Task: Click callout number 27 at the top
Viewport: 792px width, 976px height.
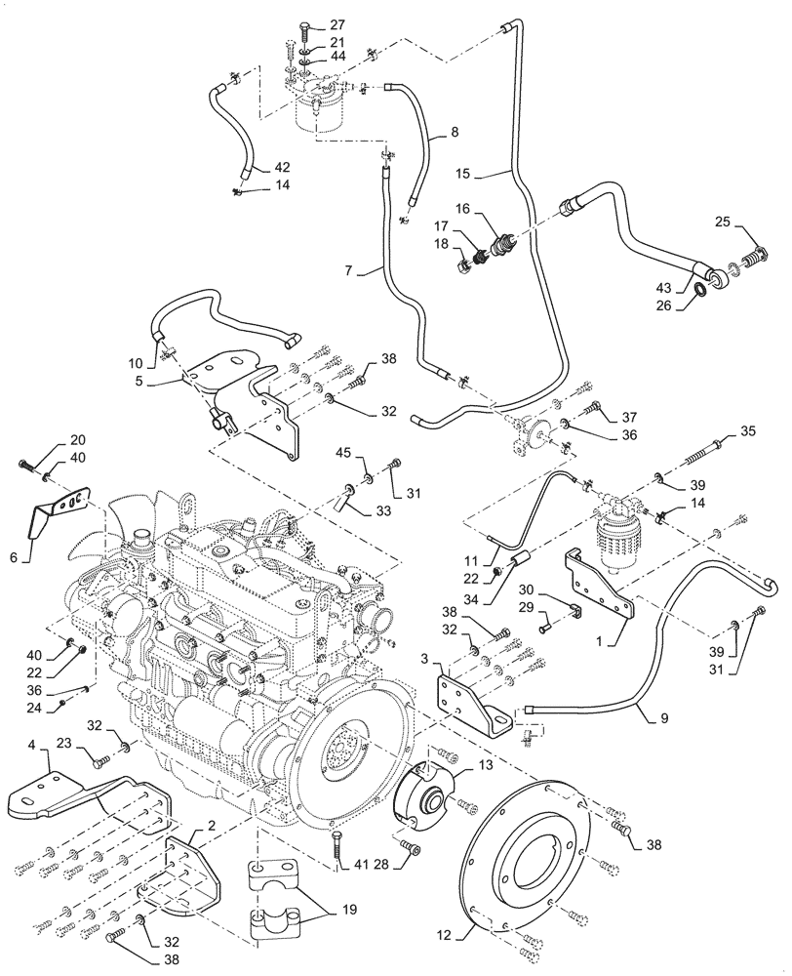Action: pos(336,25)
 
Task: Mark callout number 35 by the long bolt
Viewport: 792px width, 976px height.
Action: pos(748,429)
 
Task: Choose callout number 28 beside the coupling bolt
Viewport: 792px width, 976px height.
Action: pos(381,863)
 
